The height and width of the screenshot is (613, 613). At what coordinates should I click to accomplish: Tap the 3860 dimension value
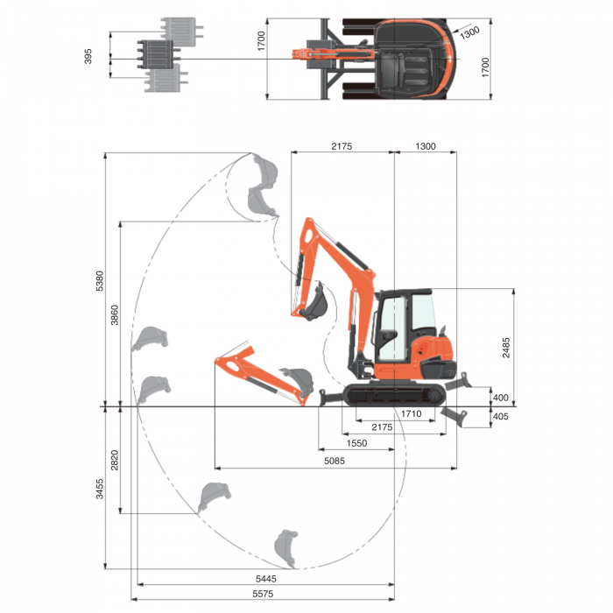pos(115,315)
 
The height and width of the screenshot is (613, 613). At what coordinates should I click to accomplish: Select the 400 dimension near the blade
pos(500,398)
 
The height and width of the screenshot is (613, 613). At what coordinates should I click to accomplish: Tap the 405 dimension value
pos(500,416)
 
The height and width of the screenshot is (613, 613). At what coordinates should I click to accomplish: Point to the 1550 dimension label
pos(356,443)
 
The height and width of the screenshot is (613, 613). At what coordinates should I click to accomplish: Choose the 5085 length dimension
pos(335,461)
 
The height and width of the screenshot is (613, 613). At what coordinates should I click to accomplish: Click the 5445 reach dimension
pos(266,579)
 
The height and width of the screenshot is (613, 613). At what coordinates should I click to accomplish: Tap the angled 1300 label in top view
pos(469,32)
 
